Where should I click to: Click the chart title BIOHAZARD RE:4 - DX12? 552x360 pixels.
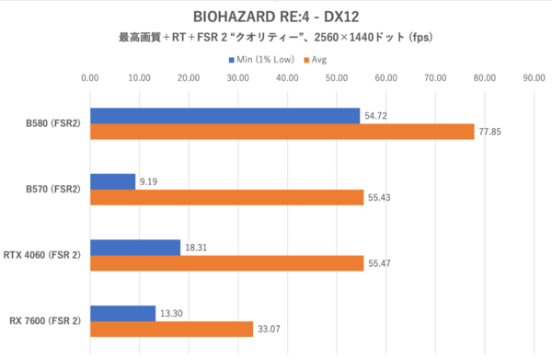[275, 17]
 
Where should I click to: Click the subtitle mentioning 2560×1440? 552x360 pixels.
[275, 39]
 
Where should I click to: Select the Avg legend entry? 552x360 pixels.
[316, 60]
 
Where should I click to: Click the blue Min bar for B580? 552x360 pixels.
[225, 115]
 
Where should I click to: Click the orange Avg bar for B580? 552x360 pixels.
[282, 132]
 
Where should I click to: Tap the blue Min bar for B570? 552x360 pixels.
[113, 181]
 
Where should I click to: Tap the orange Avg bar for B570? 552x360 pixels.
[227, 198]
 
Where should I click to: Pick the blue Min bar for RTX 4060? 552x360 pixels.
[135, 248]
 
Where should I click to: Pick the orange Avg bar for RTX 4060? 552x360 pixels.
[227, 264]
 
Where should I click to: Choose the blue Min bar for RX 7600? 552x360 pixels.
[123, 313]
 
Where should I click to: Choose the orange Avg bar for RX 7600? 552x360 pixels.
[172, 330]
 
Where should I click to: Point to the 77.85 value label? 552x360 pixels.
[489, 132]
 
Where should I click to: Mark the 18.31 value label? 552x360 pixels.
[197, 248]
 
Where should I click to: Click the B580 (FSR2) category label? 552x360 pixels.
[53, 123]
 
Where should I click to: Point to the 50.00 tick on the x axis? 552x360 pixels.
[337, 79]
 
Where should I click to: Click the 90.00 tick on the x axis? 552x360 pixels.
[534, 79]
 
